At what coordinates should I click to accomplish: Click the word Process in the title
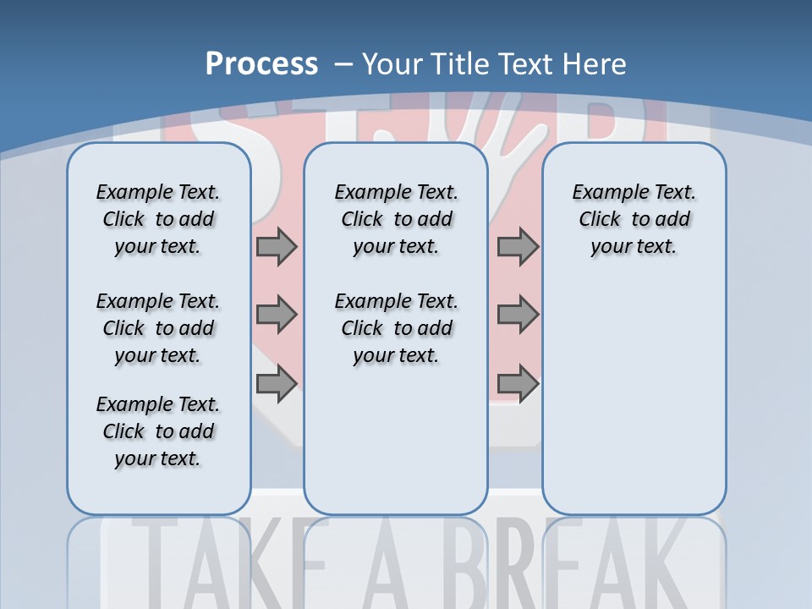(x=261, y=64)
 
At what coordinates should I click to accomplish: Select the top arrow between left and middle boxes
(x=277, y=247)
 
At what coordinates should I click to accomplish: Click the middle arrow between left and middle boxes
(x=277, y=315)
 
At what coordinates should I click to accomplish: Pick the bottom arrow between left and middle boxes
(x=277, y=383)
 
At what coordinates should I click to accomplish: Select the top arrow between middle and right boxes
(x=518, y=247)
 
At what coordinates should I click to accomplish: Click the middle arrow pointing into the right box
(x=518, y=315)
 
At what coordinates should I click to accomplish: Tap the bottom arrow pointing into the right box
(x=518, y=383)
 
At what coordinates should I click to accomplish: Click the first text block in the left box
(x=158, y=219)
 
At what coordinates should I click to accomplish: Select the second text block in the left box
(x=158, y=328)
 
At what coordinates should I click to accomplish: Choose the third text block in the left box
(x=158, y=431)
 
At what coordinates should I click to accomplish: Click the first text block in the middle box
(x=396, y=219)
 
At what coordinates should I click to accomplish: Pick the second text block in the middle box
(x=396, y=328)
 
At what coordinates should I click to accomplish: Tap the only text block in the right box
(x=634, y=219)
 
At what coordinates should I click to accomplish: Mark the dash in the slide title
(x=343, y=64)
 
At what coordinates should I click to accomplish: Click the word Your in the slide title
(x=392, y=64)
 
